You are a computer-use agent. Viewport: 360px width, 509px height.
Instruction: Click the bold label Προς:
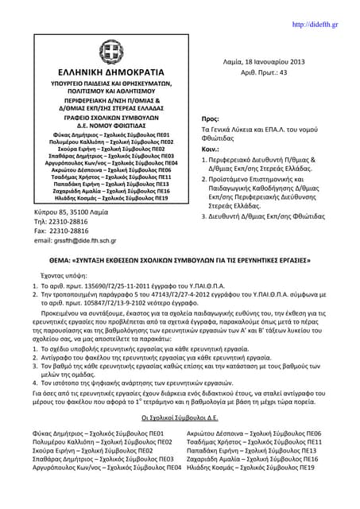(211, 118)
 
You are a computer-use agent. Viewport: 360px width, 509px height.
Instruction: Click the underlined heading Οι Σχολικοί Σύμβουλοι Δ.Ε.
(180, 415)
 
